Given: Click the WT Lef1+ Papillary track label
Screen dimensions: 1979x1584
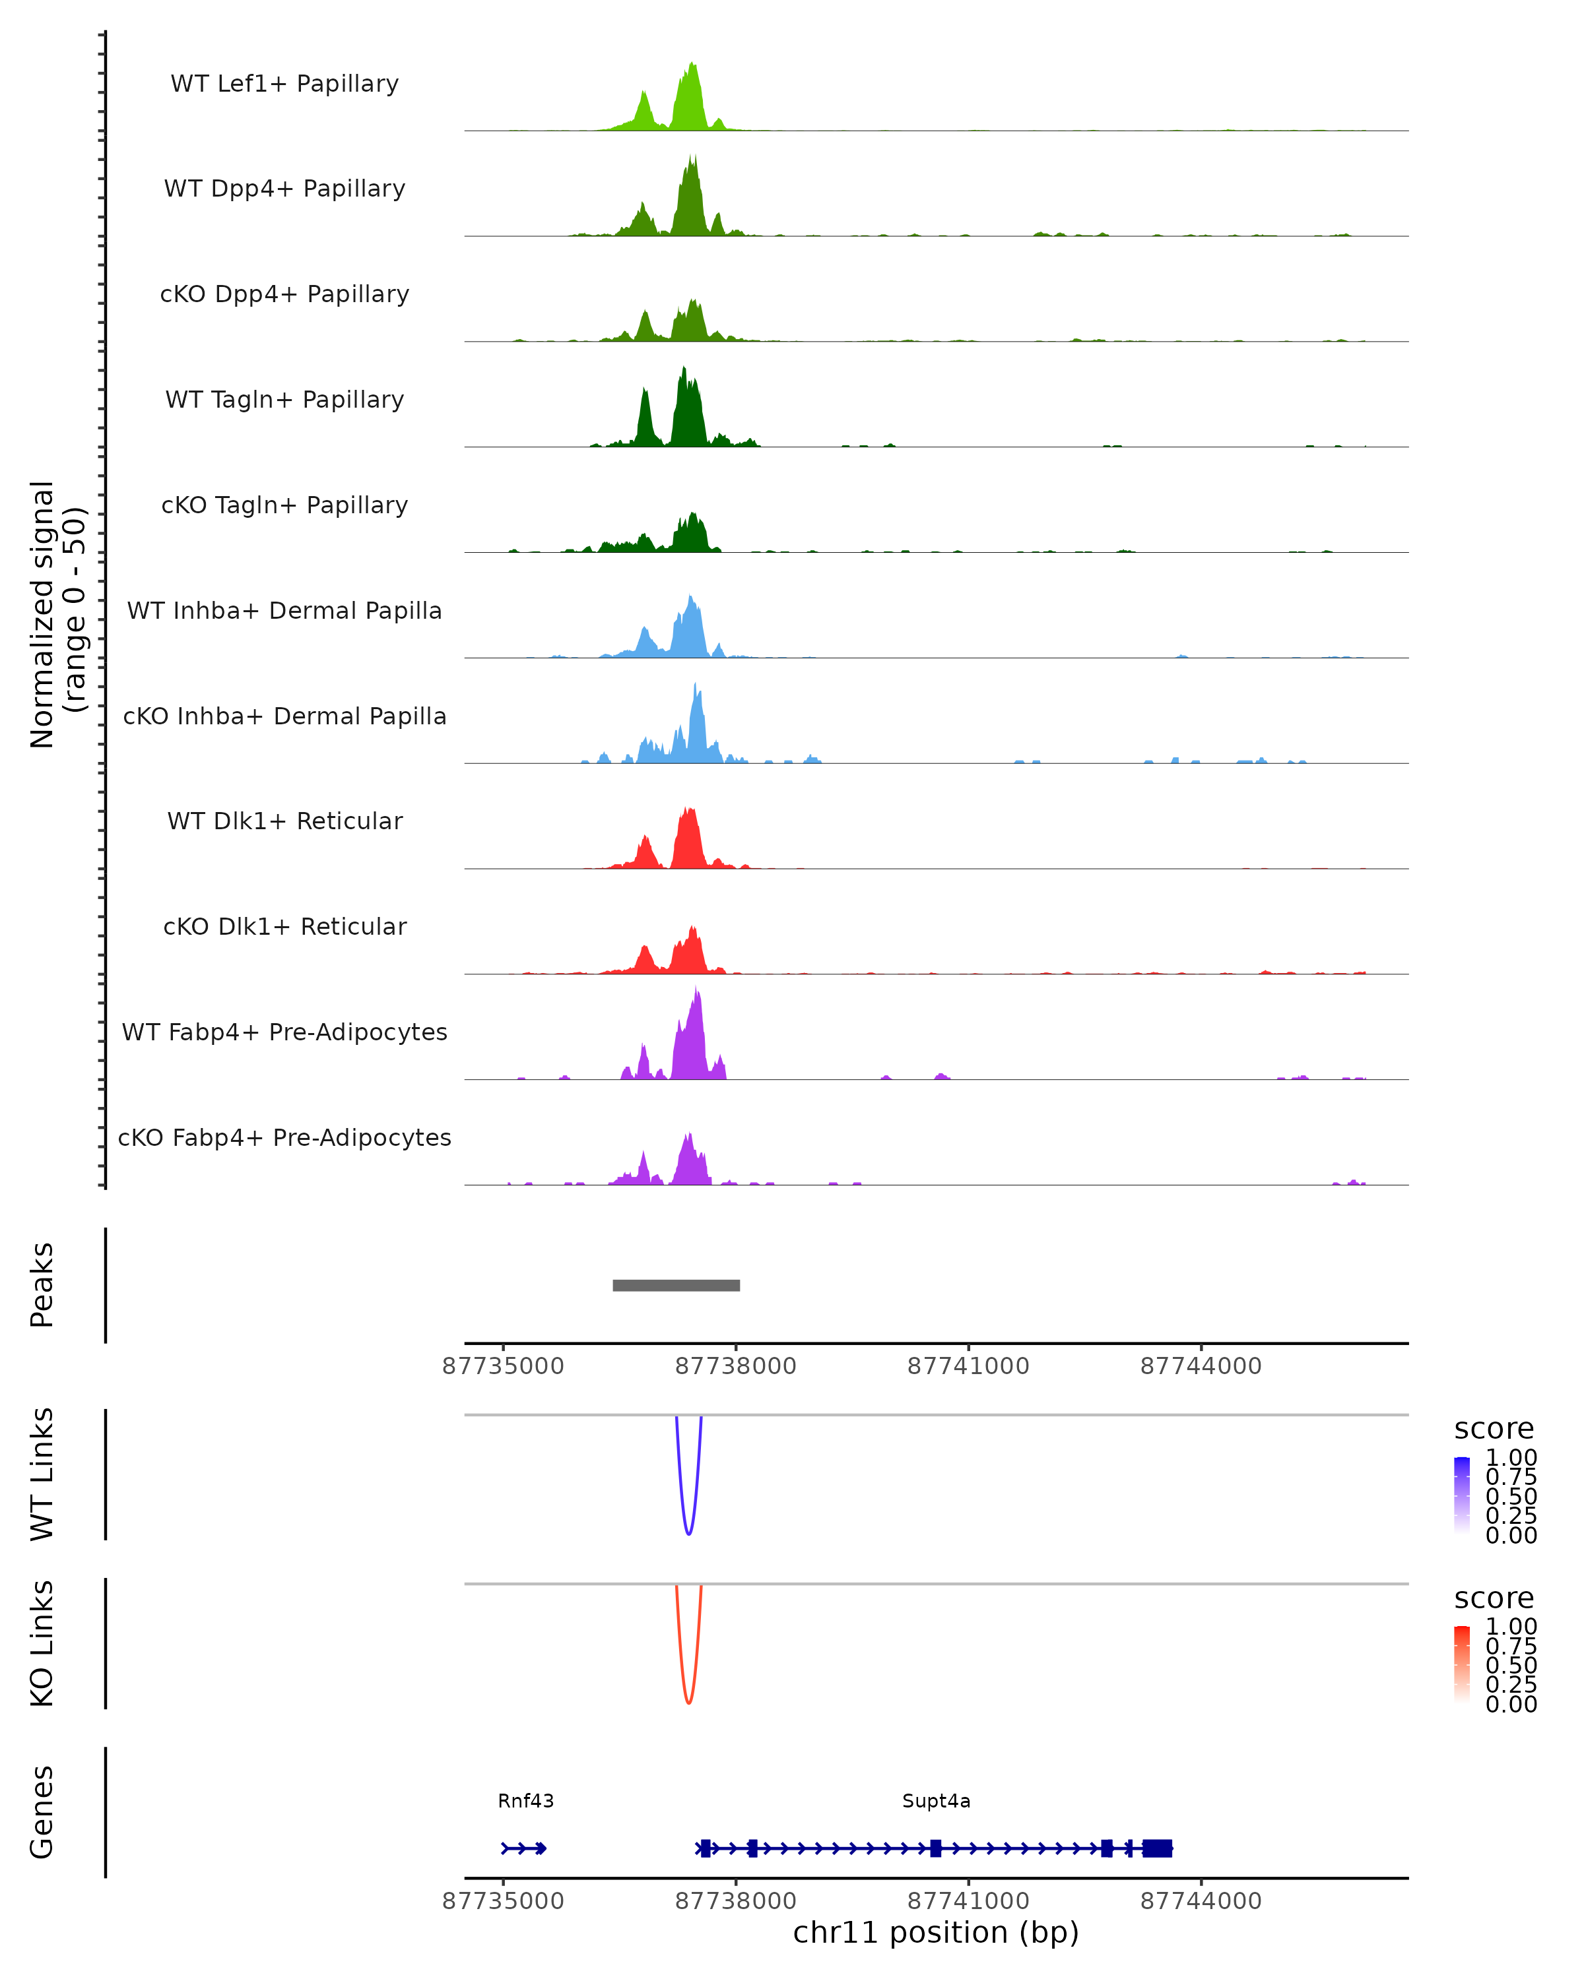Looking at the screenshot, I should (x=284, y=84).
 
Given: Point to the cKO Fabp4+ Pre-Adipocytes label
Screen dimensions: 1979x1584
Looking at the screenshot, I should (x=284, y=1137).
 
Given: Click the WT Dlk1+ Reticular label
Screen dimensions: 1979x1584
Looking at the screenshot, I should (x=284, y=821).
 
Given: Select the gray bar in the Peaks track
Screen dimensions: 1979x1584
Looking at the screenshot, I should (x=676, y=1285).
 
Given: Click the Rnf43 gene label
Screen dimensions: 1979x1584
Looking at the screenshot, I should (x=525, y=1801).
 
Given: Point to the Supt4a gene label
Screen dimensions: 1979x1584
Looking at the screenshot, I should (x=936, y=1801).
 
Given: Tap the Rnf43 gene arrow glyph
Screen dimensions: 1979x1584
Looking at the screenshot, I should (x=524, y=1848).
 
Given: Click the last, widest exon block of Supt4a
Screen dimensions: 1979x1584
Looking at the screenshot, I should (x=1157, y=1848).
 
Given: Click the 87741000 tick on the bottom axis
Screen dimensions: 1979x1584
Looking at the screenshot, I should (x=968, y=1900).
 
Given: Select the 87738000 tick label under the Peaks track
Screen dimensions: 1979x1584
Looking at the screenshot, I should (x=735, y=1366).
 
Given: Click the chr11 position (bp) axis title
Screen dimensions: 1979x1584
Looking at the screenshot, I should (x=936, y=1932).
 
